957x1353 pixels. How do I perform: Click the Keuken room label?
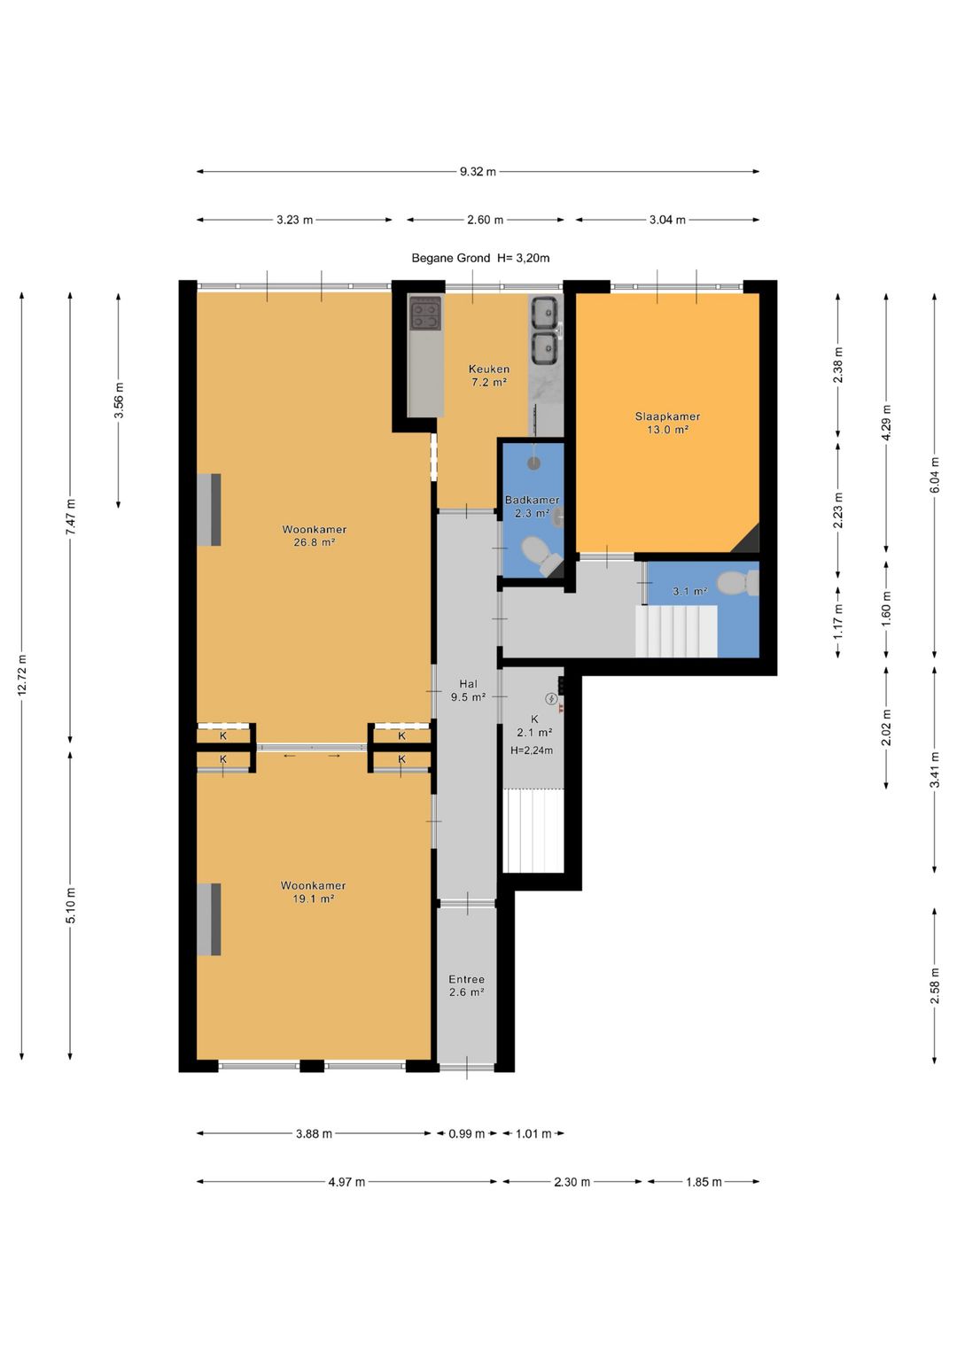pyautogui.click(x=489, y=369)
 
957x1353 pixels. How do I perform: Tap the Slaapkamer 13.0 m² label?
pyautogui.click(x=667, y=423)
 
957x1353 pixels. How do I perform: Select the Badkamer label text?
pyautogui.click(x=532, y=500)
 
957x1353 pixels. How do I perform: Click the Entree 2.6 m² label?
pyautogui.click(x=466, y=986)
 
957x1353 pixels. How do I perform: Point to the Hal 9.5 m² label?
pyautogui.click(x=468, y=690)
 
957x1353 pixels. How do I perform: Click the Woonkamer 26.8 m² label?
pyautogui.click(x=315, y=536)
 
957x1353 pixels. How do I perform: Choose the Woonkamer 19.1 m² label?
pyautogui.click(x=313, y=892)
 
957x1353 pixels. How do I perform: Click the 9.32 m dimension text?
pyautogui.click(x=478, y=172)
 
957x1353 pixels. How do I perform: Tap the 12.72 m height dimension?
pyautogui.click(x=22, y=675)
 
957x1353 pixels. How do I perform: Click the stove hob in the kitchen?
pyautogui.click(x=426, y=314)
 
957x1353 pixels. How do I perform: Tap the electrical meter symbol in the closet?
pyautogui.click(x=551, y=699)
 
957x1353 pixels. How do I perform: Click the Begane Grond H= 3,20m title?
pyautogui.click(x=480, y=258)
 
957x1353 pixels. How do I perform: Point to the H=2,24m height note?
pyautogui.click(x=532, y=750)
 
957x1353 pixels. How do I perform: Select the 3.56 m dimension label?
pyautogui.click(x=119, y=400)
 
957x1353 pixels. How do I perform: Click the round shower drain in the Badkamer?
pyautogui.click(x=533, y=463)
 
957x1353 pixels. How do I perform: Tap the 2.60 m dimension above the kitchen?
pyautogui.click(x=485, y=220)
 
